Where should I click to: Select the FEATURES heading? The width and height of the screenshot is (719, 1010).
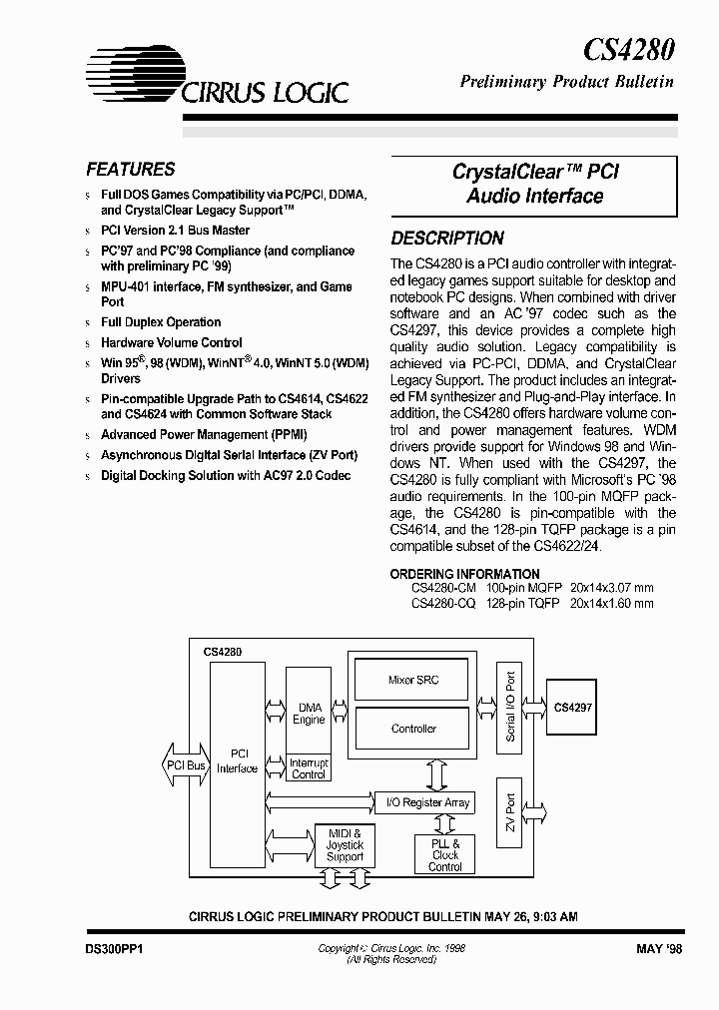click(x=130, y=170)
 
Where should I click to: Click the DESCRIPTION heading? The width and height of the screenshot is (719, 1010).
click(x=446, y=239)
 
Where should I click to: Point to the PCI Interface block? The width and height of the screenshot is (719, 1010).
click(x=237, y=760)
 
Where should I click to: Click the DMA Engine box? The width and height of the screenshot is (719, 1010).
click(x=309, y=713)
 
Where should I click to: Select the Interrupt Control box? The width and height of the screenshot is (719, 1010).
click(x=309, y=768)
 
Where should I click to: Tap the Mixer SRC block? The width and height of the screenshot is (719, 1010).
click(x=412, y=680)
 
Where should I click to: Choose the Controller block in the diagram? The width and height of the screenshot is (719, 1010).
click(x=412, y=729)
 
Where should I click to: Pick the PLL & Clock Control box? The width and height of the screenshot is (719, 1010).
click(x=445, y=854)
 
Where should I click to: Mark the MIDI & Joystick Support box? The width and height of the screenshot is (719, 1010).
click(x=345, y=844)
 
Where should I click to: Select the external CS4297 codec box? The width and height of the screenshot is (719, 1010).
click(x=572, y=707)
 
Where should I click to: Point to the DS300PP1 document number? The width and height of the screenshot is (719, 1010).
click(x=113, y=950)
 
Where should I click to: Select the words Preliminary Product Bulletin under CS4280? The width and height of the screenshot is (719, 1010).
click(x=566, y=82)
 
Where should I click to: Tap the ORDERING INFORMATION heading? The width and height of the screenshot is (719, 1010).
click(x=464, y=574)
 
